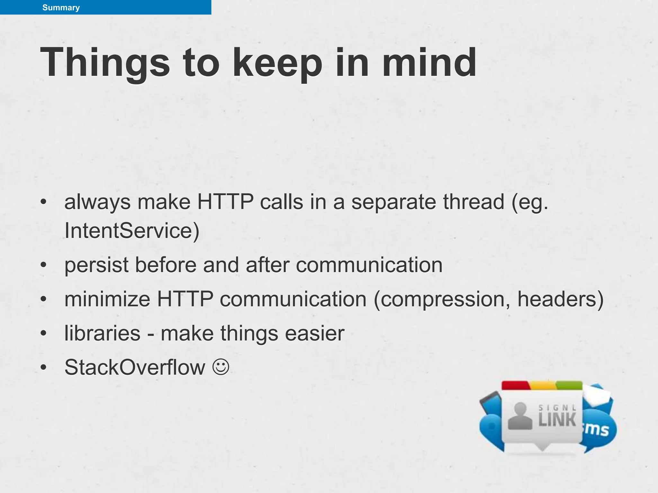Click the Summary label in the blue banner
61,7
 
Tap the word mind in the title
429,62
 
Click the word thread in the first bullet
474,202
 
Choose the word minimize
107,299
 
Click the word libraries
102,333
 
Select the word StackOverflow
135,367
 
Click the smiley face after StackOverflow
221,367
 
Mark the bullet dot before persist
44,265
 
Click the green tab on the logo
569,385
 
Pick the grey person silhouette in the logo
520,416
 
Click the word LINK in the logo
557,420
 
